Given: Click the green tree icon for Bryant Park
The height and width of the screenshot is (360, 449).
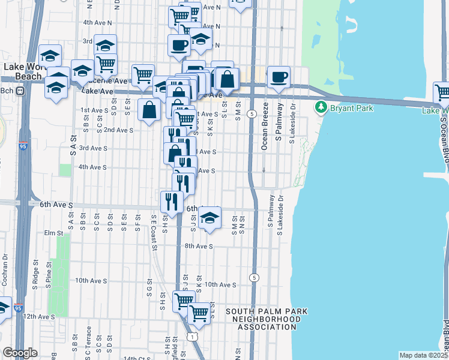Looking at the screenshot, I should [x=321, y=107].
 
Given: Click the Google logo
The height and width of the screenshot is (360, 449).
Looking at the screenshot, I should [x=20, y=353].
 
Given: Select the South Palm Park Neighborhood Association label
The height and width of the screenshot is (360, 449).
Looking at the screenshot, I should [x=267, y=319].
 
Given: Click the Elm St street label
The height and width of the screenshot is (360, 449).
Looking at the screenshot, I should [x=53, y=233].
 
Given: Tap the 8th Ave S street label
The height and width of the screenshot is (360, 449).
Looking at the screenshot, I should [x=199, y=246].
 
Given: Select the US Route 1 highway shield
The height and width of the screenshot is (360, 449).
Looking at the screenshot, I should [x=191, y=338].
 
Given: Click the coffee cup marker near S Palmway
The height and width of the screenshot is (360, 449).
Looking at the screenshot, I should [x=279, y=77].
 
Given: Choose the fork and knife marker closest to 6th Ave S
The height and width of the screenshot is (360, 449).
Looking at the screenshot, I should [x=172, y=202].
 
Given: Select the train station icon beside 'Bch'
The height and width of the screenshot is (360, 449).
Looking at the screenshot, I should [x=19, y=91].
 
